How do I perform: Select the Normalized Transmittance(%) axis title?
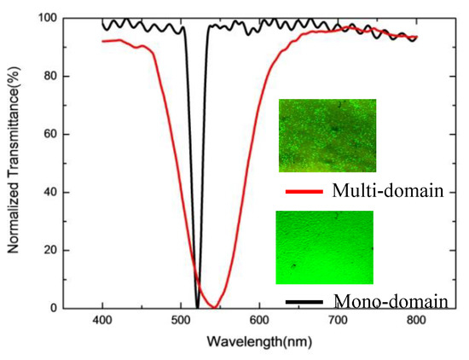14,162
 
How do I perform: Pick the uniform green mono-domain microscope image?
325,247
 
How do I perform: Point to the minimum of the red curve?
217,307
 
